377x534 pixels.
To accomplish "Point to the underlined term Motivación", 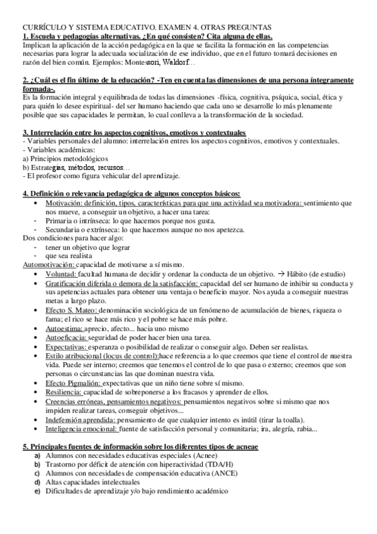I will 65,204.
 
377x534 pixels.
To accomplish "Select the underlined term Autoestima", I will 64,328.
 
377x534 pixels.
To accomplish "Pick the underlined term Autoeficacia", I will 66,338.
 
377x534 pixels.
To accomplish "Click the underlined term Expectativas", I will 67,346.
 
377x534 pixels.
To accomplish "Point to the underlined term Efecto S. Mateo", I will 70,310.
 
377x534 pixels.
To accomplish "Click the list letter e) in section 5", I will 37,491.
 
